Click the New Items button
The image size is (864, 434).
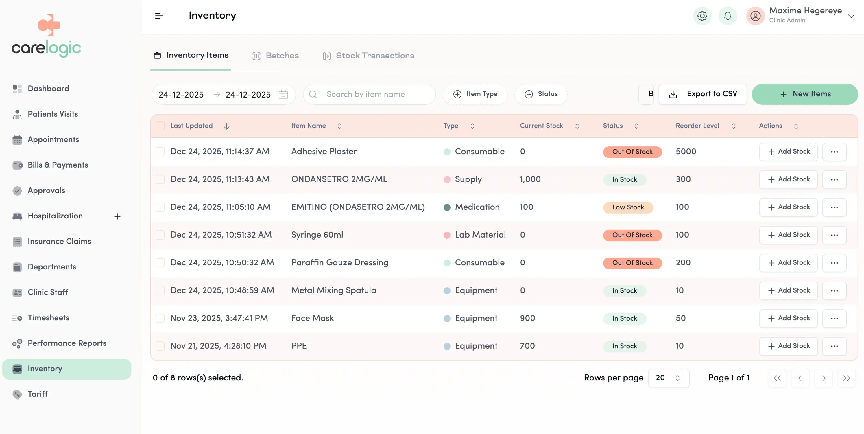(x=804, y=94)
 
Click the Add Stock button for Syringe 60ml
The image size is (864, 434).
(x=788, y=235)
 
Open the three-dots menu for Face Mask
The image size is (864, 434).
(x=834, y=318)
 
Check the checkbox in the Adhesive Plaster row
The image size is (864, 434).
(x=160, y=151)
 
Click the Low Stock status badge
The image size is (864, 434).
(x=627, y=207)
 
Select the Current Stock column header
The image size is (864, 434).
(x=541, y=126)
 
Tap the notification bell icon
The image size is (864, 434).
(x=727, y=16)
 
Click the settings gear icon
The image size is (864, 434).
(x=702, y=16)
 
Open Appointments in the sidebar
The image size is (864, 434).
(x=53, y=139)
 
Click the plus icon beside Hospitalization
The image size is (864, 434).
(x=117, y=216)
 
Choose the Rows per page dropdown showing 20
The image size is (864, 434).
(x=668, y=378)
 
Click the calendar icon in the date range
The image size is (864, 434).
(x=283, y=94)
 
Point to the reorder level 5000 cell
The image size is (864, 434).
(x=686, y=151)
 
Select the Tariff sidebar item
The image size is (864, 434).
(x=37, y=394)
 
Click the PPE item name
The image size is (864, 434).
(x=298, y=346)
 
